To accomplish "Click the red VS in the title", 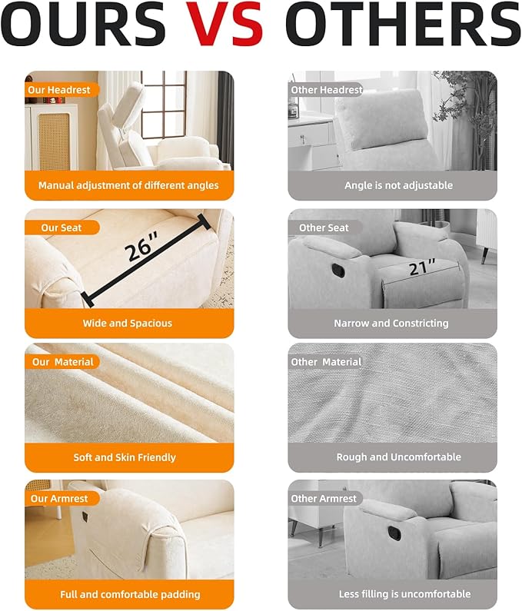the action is (x=224, y=24).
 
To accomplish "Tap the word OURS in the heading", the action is (x=83, y=24).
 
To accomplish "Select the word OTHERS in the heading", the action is (x=403, y=24).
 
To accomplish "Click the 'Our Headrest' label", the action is (x=59, y=90).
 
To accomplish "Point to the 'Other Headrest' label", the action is (x=327, y=90).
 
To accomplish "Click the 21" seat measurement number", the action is (x=422, y=267).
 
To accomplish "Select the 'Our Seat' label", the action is (x=62, y=227).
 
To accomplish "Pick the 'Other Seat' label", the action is (x=324, y=227).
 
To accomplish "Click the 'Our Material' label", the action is (x=63, y=362).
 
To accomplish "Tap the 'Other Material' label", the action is (x=326, y=362).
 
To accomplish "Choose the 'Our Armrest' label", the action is (x=59, y=499).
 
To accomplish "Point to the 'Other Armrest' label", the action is (x=324, y=499).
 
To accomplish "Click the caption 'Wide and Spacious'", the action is (x=128, y=323).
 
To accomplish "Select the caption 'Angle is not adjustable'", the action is (x=399, y=185).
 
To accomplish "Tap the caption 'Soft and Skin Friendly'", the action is (x=125, y=457).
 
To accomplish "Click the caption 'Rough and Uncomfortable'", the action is (x=399, y=457).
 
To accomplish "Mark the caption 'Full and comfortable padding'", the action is (x=130, y=594).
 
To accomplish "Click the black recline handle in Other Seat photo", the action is (x=338, y=271).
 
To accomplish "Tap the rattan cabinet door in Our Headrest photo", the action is (x=54, y=141).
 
